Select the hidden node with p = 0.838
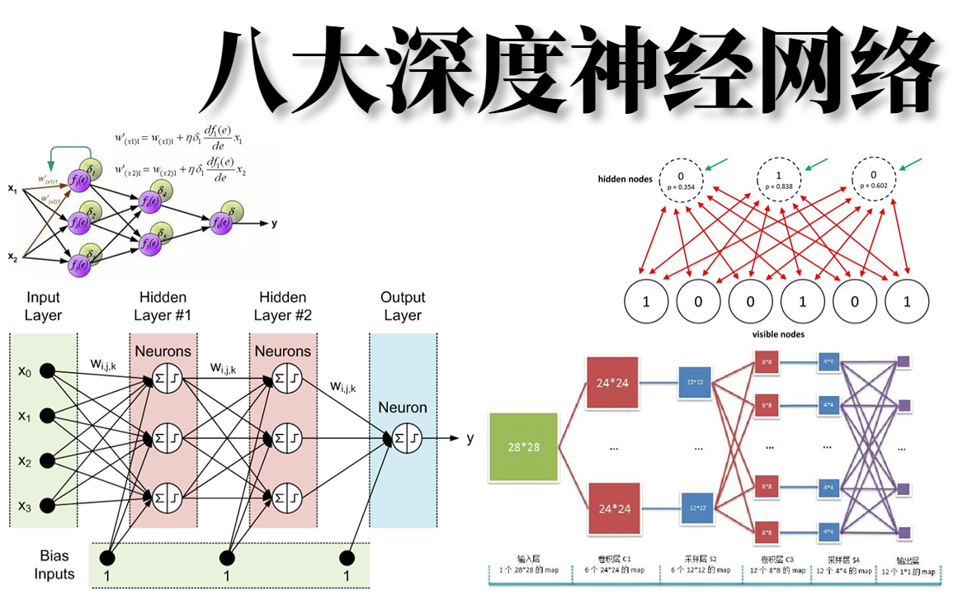[x=778, y=179]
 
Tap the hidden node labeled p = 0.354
[x=681, y=179]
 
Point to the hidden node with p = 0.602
[x=873, y=179]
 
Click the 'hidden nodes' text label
[x=626, y=179]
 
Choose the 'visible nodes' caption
[x=778, y=334]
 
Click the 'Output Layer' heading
[x=403, y=306]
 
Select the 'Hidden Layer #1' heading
[x=163, y=306]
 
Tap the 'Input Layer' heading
[x=43, y=306]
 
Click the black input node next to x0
[x=48, y=372]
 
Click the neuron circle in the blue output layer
[x=403, y=439]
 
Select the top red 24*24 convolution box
[x=613, y=382]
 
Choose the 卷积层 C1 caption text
[x=612, y=559]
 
